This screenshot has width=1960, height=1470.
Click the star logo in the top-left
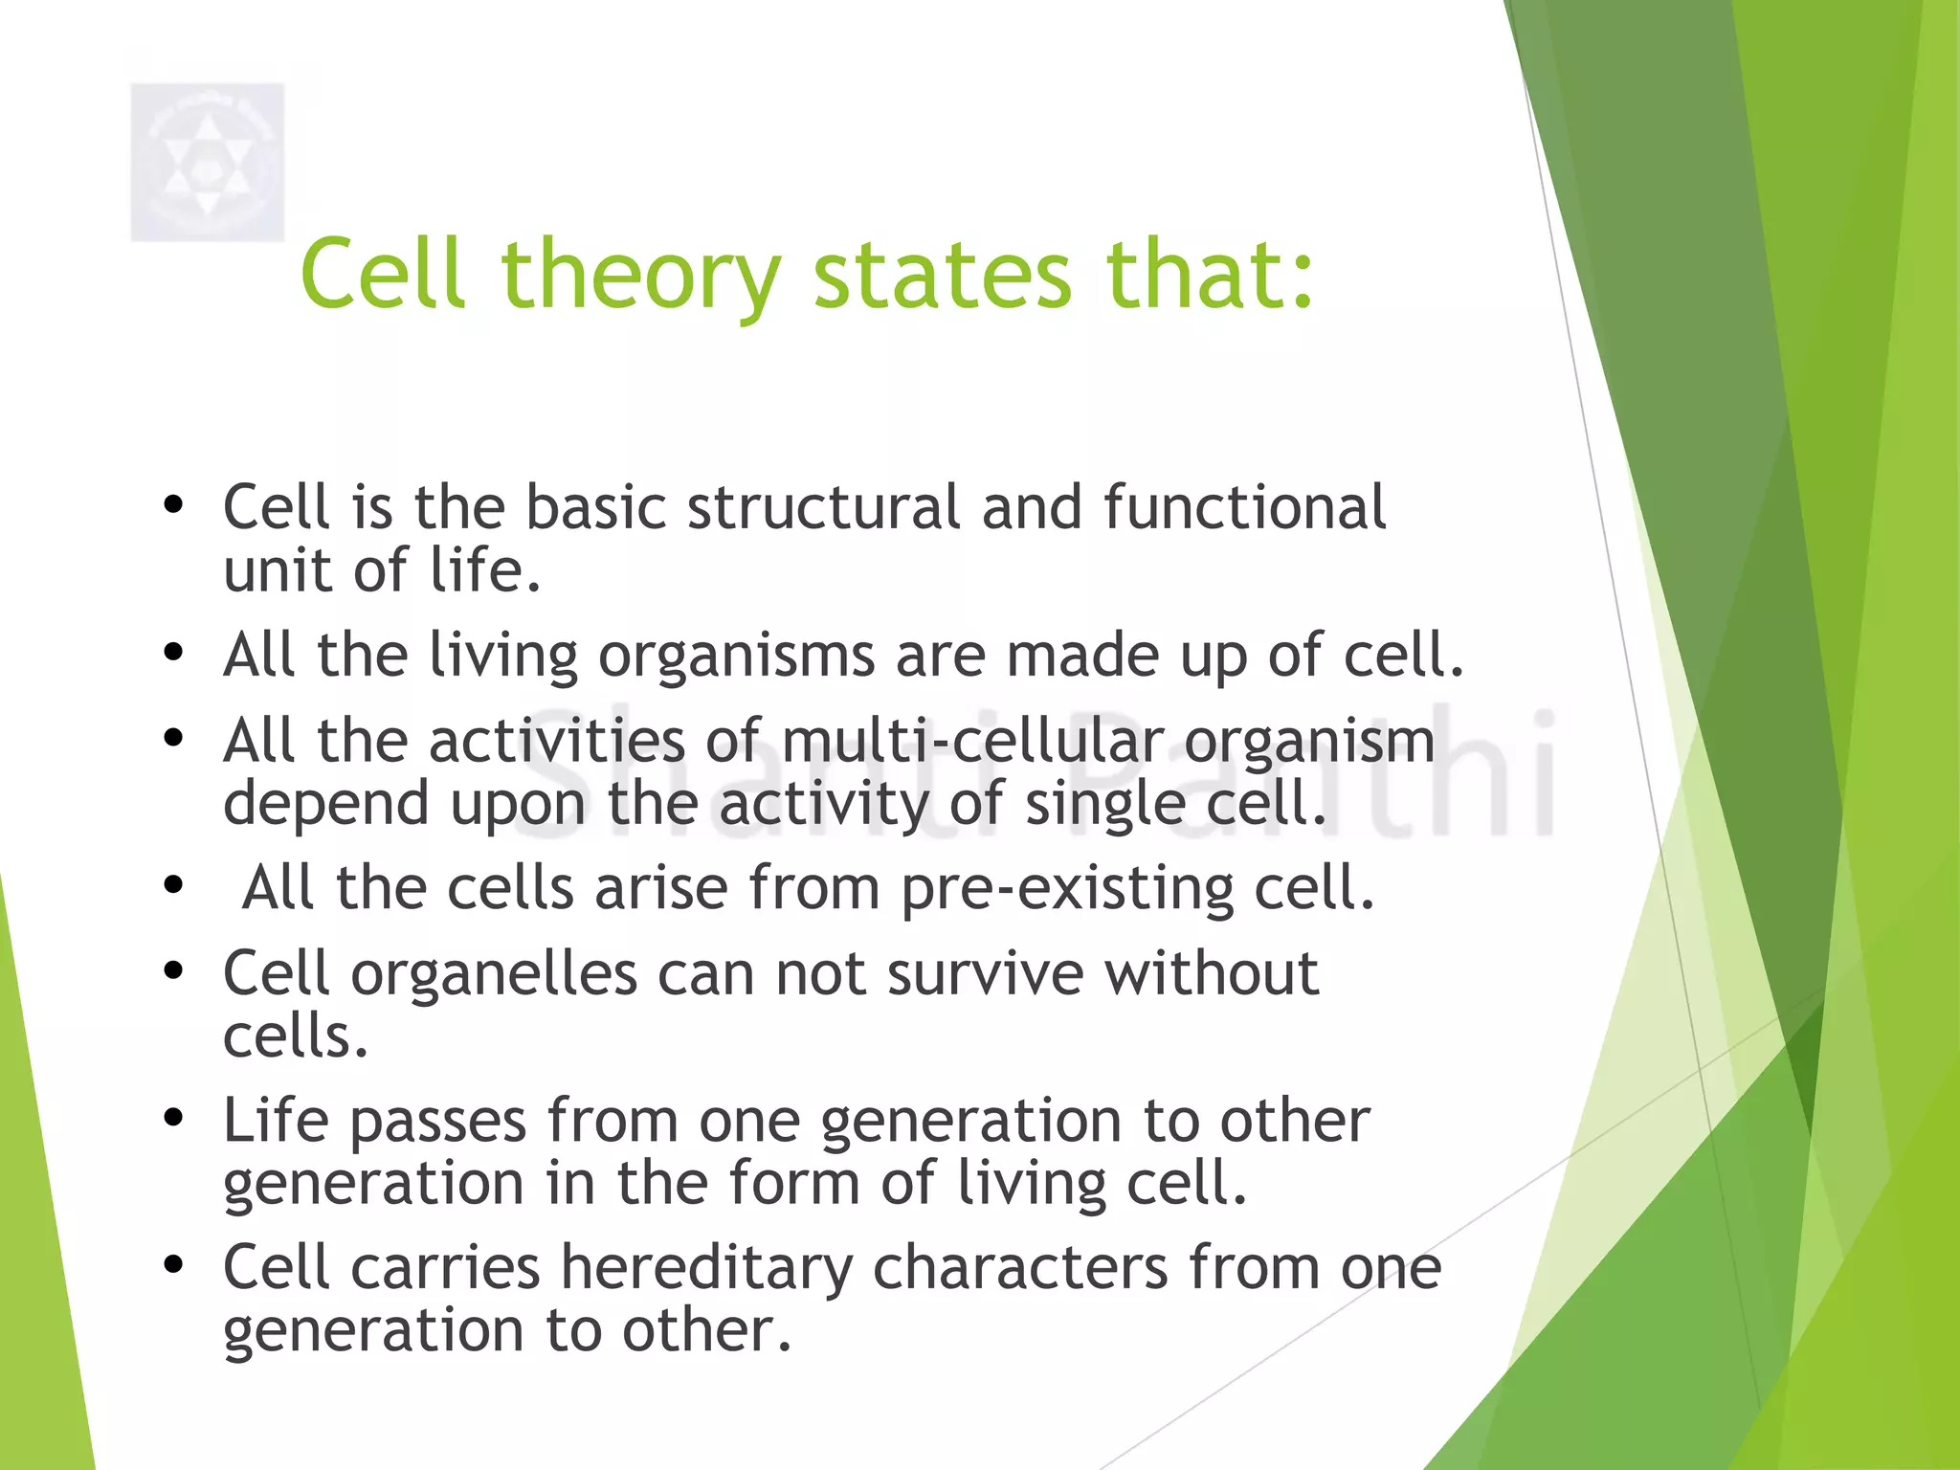click(208, 162)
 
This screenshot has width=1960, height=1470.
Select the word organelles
click(494, 974)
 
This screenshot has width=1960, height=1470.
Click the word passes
click(438, 1123)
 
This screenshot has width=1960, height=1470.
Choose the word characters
click(1020, 1269)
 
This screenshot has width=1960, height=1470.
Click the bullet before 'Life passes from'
click(173, 1118)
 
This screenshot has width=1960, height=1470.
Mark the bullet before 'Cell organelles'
click(173, 970)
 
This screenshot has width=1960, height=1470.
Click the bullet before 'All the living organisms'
click(173, 653)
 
